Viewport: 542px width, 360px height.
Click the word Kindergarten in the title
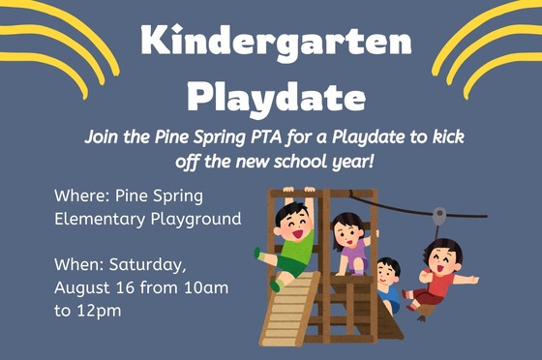pos(276,42)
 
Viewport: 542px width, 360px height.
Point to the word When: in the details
pos(77,265)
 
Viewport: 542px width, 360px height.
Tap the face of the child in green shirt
pos(291,224)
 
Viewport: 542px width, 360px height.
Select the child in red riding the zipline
pos(440,275)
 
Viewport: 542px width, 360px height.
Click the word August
pos(83,288)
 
